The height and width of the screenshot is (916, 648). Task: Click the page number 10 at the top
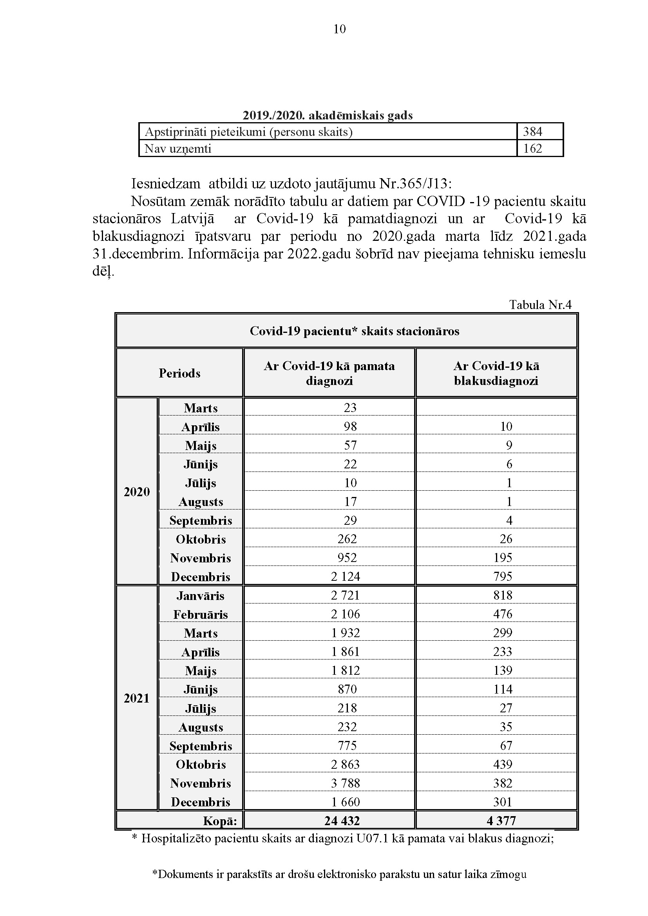click(340, 29)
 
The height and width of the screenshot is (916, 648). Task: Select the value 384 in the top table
click(533, 131)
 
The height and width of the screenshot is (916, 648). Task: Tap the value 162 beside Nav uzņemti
click(533, 148)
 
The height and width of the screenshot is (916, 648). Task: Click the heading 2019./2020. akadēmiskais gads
click(328, 115)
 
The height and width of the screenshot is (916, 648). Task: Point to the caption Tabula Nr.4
click(540, 305)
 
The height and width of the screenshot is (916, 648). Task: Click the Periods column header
click(179, 373)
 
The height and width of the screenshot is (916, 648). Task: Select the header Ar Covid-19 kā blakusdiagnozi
click(496, 373)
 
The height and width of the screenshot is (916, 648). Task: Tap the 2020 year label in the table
click(137, 491)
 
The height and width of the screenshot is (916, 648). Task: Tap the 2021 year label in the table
click(137, 698)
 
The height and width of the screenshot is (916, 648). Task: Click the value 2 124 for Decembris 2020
click(346, 576)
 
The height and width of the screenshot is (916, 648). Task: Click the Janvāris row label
click(200, 596)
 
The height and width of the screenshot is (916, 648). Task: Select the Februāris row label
click(200, 614)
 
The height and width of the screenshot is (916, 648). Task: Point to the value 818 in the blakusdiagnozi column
click(503, 595)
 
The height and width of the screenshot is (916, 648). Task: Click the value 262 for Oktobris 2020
click(347, 539)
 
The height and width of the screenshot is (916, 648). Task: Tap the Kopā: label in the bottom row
click(220, 821)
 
